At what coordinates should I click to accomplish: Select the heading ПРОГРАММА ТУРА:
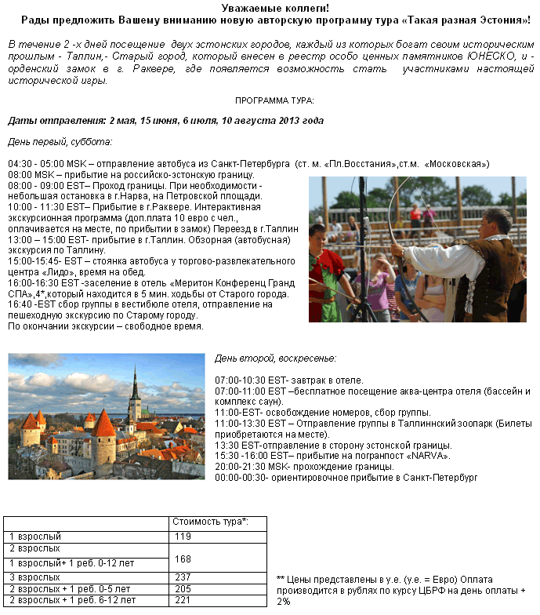274,100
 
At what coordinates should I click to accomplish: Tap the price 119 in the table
183,537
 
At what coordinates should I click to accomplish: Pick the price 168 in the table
183,559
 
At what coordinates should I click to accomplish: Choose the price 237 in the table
183,577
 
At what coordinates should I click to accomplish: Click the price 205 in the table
183,588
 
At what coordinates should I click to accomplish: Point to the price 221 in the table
183,600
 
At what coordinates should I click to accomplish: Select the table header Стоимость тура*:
209,522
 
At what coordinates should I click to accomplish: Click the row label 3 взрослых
34,577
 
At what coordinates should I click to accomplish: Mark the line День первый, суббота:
60,142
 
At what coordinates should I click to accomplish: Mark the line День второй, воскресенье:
275,358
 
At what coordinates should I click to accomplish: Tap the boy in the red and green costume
325,271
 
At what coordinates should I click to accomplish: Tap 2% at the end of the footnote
284,601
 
